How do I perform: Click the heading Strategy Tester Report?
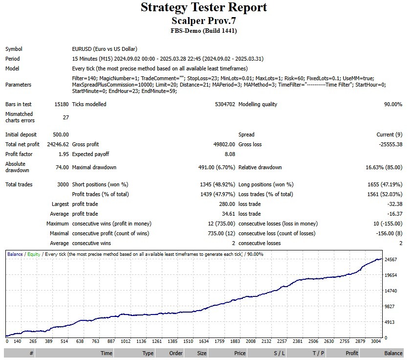tap(204, 7)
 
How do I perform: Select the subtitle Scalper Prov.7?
tap(204, 21)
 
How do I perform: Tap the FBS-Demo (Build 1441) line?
tap(204, 31)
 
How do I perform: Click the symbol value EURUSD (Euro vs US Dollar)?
tap(105, 49)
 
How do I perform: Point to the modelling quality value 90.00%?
tap(393, 104)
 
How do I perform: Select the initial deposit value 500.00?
tap(61, 135)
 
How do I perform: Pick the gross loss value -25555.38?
tap(388, 144)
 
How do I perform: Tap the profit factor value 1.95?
tap(63, 154)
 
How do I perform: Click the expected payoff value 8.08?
tap(229, 154)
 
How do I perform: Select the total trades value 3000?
tap(63, 184)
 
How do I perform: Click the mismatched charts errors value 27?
tap(65, 117)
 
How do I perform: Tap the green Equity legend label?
tap(34, 254)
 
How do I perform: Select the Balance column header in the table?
tap(393, 353)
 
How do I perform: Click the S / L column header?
tap(280, 353)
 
